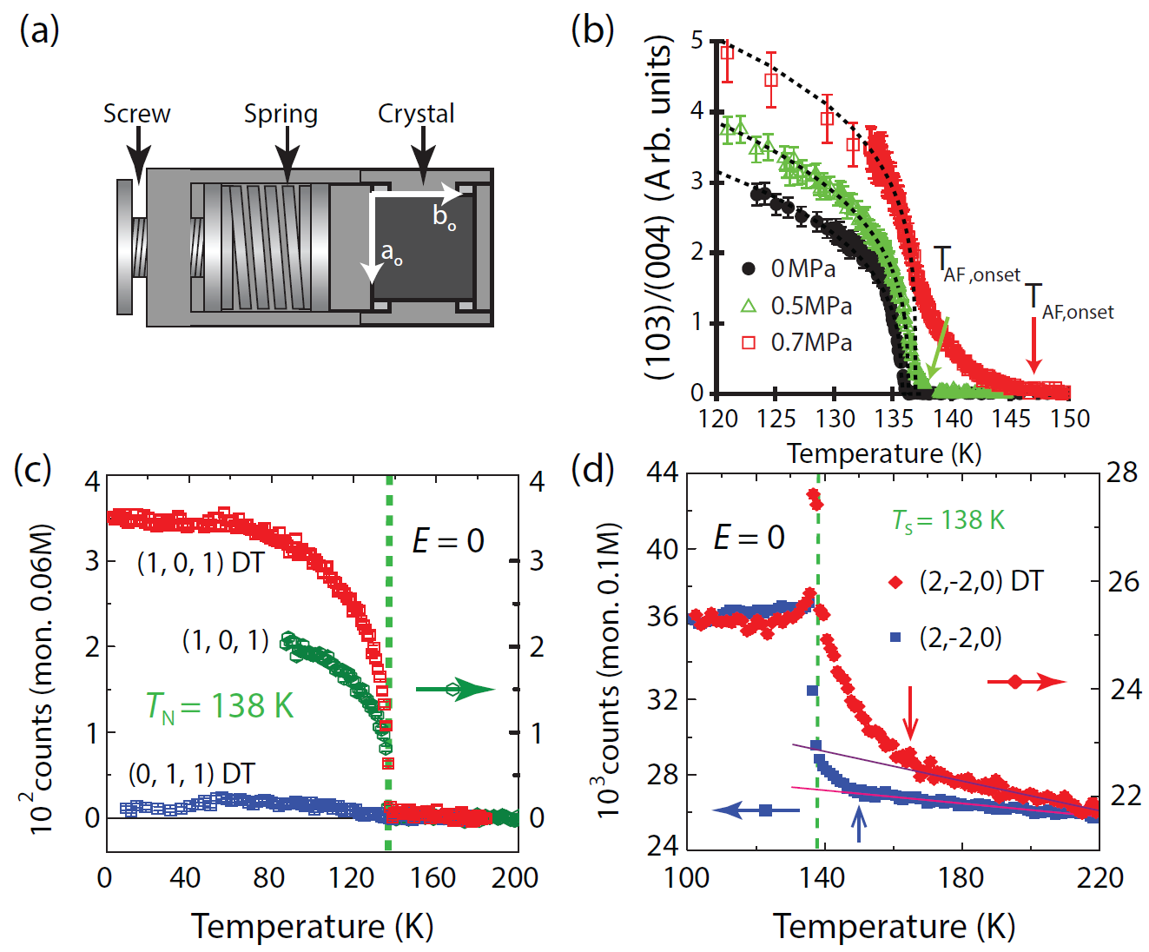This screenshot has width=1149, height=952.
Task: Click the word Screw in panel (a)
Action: pos(136,114)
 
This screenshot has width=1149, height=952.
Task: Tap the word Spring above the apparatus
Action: pos(281,114)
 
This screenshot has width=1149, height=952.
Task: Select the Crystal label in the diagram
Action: pos(416,114)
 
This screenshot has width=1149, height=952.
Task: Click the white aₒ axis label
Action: pos(392,253)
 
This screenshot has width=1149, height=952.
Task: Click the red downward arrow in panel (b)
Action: pos(1033,346)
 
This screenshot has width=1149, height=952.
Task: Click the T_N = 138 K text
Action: pos(220,706)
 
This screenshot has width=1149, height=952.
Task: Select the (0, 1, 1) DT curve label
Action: pos(192,773)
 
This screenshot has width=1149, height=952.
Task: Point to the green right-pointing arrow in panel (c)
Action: pos(454,690)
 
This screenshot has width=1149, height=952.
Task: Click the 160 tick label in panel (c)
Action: pos(433,878)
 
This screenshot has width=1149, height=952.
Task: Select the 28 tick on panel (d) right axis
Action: pos(1121,473)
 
